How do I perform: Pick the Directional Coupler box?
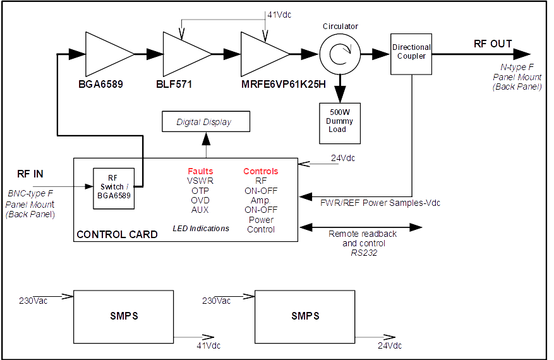[411, 52]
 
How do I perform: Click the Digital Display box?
[204, 122]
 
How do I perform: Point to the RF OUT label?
[493, 44]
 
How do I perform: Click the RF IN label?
[30, 174]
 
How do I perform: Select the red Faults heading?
[200, 171]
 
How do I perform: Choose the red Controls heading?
[261, 171]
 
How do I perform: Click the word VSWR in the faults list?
[200, 181]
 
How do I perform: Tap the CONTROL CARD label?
[117, 234]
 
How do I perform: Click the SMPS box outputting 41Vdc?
[124, 316]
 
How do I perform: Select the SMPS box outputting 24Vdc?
[305, 316]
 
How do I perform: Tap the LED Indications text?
[201, 228]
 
